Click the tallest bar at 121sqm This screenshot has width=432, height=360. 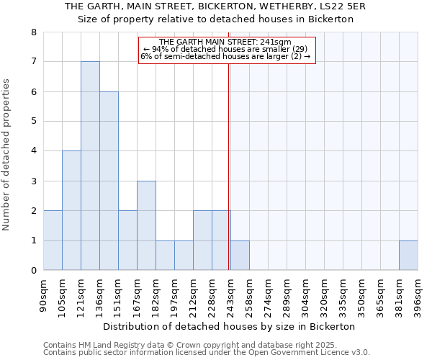(x=90, y=166)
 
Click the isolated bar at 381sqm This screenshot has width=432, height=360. (x=408, y=256)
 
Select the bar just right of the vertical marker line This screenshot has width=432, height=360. (x=240, y=256)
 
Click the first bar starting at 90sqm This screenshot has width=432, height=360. (x=53, y=240)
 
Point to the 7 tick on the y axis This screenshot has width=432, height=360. (x=33, y=62)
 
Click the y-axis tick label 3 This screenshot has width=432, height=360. (x=33, y=181)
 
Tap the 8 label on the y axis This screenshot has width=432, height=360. (x=33, y=32)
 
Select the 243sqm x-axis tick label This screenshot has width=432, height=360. (x=230, y=295)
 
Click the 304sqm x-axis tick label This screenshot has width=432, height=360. (x=305, y=295)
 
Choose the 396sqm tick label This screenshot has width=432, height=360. (x=418, y=295)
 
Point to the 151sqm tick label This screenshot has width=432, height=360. (x=118, y=295)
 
